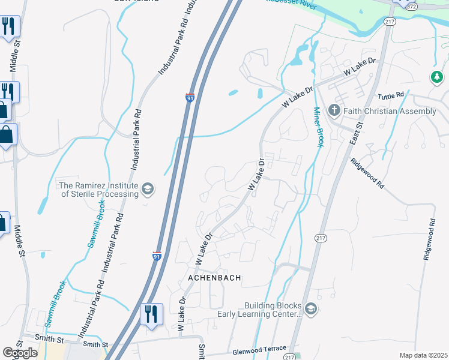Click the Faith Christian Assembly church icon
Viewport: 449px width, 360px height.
coord(334,110)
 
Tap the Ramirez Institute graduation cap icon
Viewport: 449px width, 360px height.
coord(146,190)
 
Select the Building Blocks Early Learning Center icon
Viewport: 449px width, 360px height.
coord(310,309)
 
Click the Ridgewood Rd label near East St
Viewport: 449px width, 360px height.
coord(367,173)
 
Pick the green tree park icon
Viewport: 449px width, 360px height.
coord(436,77)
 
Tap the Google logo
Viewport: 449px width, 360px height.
coord(20,353)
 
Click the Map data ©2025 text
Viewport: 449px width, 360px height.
coord(423,355)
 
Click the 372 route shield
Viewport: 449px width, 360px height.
coord(411,5)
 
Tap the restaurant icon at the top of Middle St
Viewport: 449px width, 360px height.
coord(8,26)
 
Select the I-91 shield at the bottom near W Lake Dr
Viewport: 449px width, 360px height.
coord(157,256)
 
